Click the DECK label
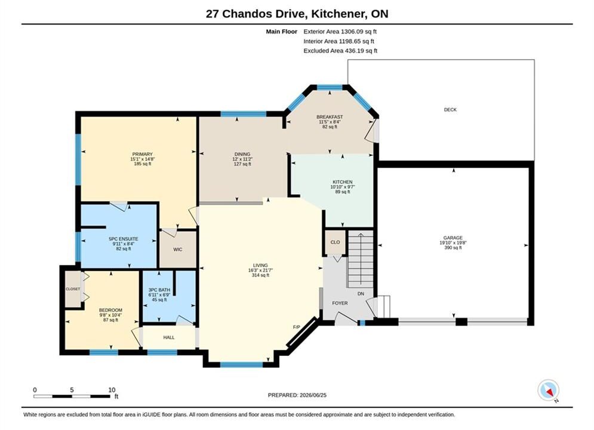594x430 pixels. point(450,109)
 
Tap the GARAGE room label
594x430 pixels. point(453,238)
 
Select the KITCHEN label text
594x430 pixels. point(343,182)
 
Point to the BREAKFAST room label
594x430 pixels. point(330,117)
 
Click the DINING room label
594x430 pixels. point(242,154)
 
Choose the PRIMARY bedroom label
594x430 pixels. point(143,154)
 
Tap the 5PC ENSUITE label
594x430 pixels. point(124,239)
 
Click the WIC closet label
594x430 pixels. point(178,249)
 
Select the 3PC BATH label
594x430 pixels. point(159,290)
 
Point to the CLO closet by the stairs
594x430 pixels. point(336,242)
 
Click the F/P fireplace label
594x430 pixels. point(296,327)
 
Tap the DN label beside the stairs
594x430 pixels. point(361,294)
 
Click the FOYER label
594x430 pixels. point(340,303)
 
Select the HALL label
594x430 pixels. point(169,337)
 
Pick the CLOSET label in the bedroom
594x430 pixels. point(73,289)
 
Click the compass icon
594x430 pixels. point(548,390)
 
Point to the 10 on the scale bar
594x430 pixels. point(112,390)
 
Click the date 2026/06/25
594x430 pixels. point(313,395)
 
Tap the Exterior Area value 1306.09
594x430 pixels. point(352,32)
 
